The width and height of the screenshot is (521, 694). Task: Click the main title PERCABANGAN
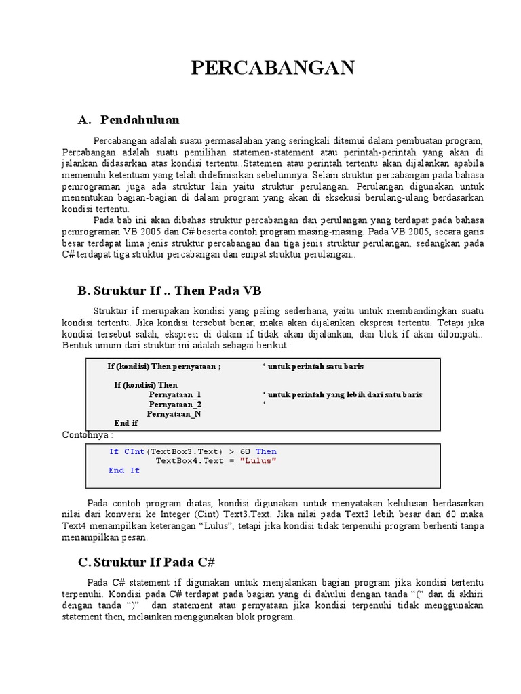click(x=273, y=68)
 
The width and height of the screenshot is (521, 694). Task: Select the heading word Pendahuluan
click(x=140, y=120)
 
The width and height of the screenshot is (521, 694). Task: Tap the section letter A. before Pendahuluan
click(x=85, y=120)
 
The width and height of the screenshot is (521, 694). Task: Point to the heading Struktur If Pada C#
click(x=155, y=562)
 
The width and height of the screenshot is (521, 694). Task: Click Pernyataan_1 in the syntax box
click(x=175, y=394)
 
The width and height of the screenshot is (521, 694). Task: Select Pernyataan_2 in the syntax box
click(x=175, y=404)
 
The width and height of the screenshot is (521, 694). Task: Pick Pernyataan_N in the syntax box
click(x=174, y=413)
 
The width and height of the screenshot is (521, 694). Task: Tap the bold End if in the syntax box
click(x=126, y=423)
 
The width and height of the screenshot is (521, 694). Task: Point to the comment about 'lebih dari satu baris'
click(x=342, y=394)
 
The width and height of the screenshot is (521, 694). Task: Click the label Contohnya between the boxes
click(x=88, y=434)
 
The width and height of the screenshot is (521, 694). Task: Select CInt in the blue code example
click(x=134, y=451)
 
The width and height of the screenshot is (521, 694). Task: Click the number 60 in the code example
click(x=245, y=451)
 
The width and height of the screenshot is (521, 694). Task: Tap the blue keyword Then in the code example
click(x=266, y=451)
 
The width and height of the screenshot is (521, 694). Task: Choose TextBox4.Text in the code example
click(x=187, y=461)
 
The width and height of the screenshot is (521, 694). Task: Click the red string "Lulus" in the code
click(x=258, y=461)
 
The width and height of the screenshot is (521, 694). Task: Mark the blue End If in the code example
click(x=124, y=470)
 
